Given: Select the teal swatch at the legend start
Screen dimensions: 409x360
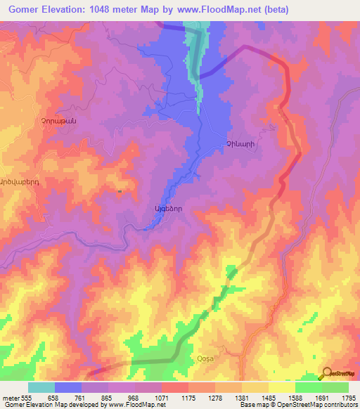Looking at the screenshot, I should pyautogui.click(x=41, y=387).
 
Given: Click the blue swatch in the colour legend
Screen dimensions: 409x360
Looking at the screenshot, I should pyautogui.click(x=68, y=387).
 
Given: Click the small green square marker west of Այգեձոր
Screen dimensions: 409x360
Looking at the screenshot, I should pyautogui.click(x=120, y=190).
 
